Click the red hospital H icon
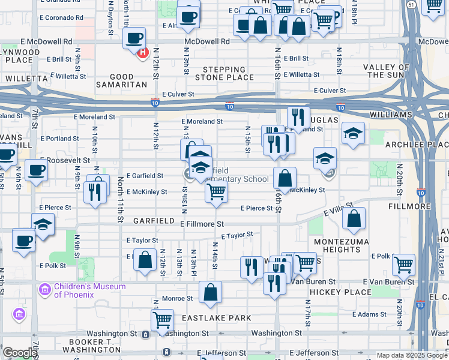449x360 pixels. point(143,53)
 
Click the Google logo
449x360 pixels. point(19,353)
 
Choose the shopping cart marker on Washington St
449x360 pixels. point(162,320)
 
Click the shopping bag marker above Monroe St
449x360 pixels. point(211,293)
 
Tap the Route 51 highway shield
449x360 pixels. point(410,4)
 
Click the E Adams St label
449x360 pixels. point(370,314)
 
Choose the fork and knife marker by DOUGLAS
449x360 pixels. point(298,117)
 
